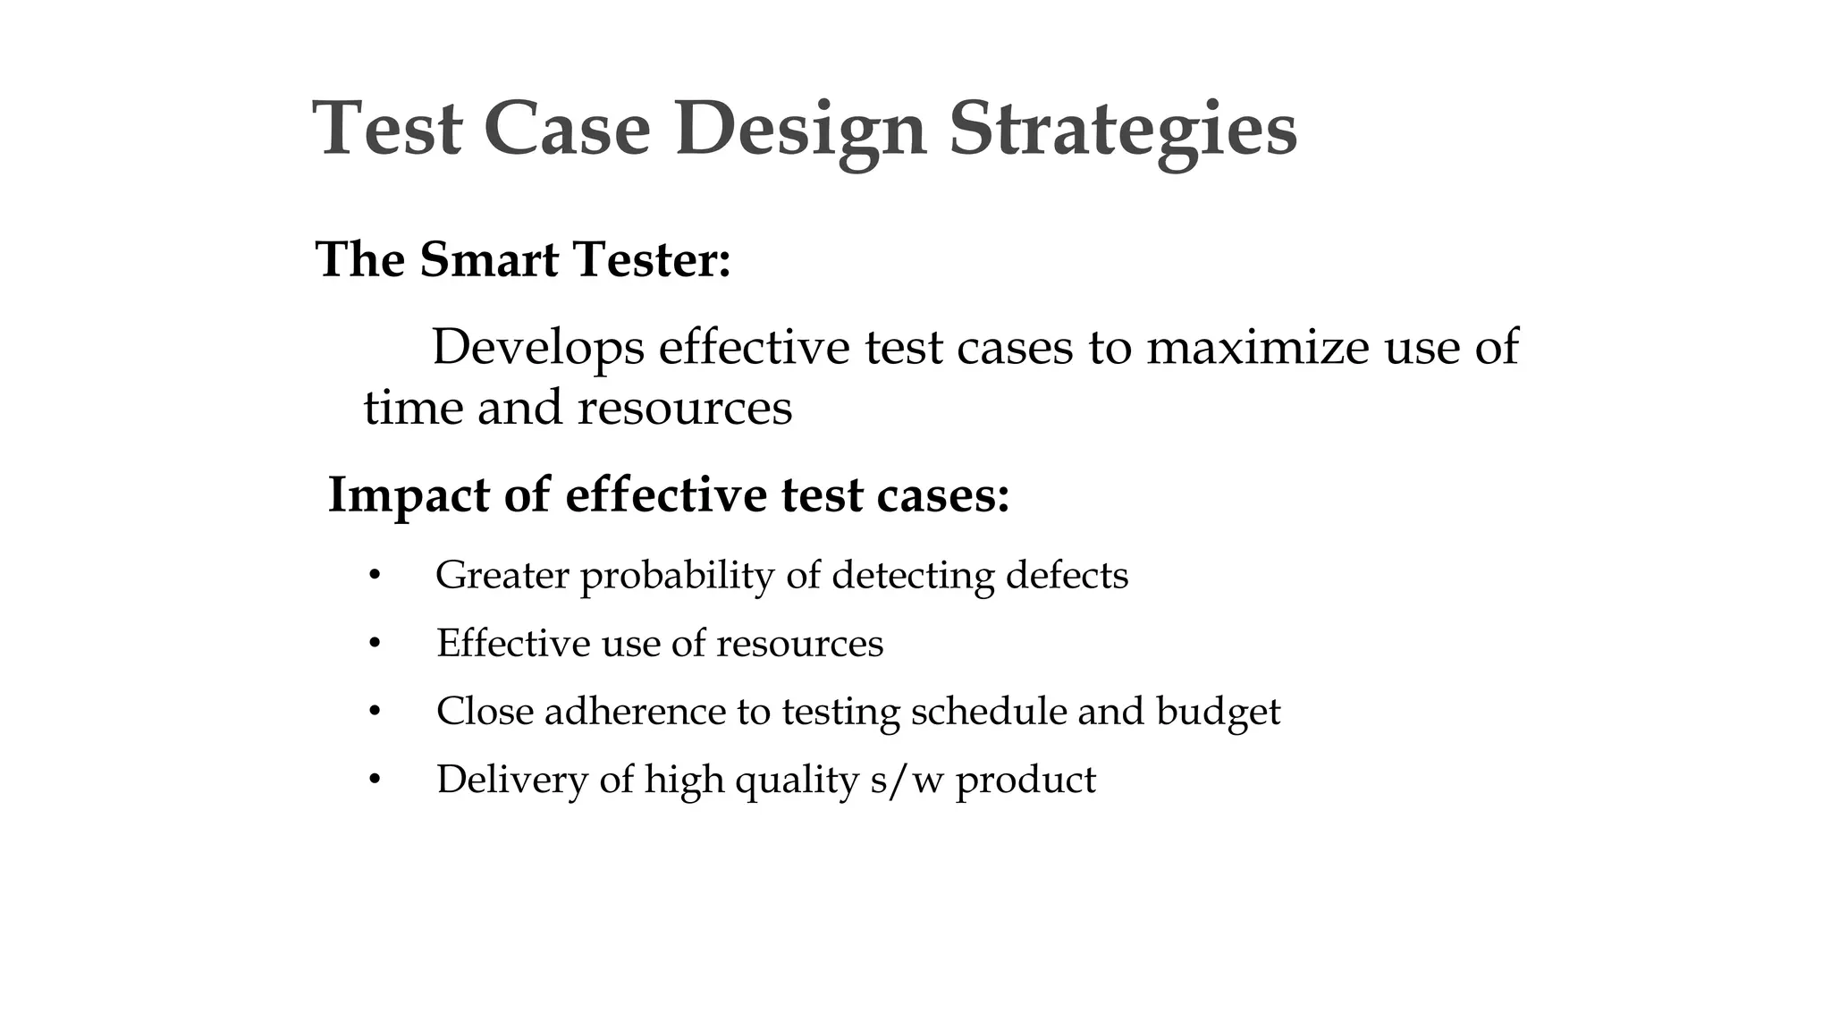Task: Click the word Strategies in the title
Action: tap(1122, 130)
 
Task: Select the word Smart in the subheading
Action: tap(489, 260)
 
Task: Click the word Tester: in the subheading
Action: tap(652, 260)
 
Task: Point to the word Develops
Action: tap(537, 349)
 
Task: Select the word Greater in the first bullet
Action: tap(502, 576)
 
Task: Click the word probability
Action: tap(676, 576)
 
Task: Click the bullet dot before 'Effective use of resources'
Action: tap(375, 644)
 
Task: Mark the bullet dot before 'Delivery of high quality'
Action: tap(375, 780)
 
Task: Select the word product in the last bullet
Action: tap(1025, 781)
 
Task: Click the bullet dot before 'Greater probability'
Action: tap(375, 576)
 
